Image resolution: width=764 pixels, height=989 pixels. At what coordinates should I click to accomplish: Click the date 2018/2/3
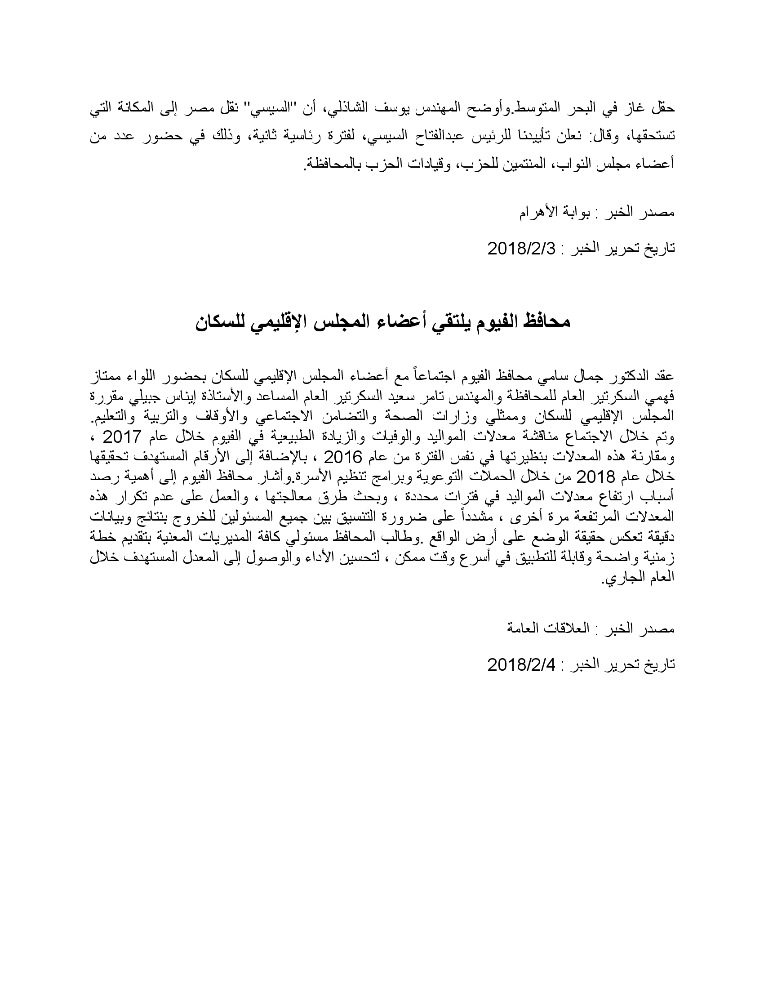click(520, 249)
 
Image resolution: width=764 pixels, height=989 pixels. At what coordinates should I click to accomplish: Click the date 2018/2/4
click(520, 664)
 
